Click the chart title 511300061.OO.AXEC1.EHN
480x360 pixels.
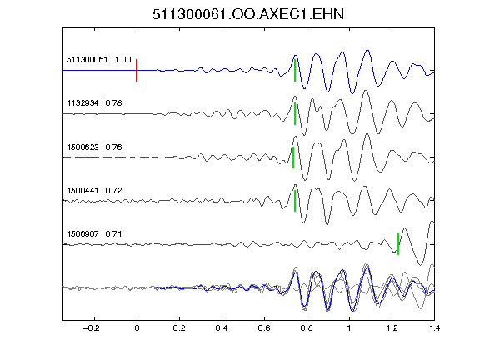click(x=248, y=14)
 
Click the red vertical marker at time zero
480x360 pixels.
click(x=137, y=70)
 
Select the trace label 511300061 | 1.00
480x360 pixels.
click(x=99, y=59)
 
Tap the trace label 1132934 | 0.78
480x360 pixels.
click(x=94, y=102)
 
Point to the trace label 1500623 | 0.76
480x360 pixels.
click(x=94, y=147)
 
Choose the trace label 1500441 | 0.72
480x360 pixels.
click(x=94, y=190)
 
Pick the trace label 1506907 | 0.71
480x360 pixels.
click(x=94, y=234)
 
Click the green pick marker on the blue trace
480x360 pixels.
click(x=295, y=70)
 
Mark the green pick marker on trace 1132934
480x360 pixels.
click(x=295, y=113)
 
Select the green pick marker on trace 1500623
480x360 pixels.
click(x=293, y=157)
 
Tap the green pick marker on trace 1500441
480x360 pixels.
click(x=295, y=201)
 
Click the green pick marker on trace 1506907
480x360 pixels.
click(x=398, y=244)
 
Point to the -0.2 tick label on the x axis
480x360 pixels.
click(x=91, y=328)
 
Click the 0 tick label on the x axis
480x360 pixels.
click(x=137, y=328)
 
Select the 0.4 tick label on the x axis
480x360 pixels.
click(x=222, y=328)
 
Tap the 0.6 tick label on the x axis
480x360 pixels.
click(x=264, y=328)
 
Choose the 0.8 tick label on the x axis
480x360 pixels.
click(x=307, y=328)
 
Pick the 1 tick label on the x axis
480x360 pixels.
click(x=349, y=328)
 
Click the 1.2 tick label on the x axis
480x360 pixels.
click(x=392, y=328)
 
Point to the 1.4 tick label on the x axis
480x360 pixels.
click(x=434, y=328)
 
